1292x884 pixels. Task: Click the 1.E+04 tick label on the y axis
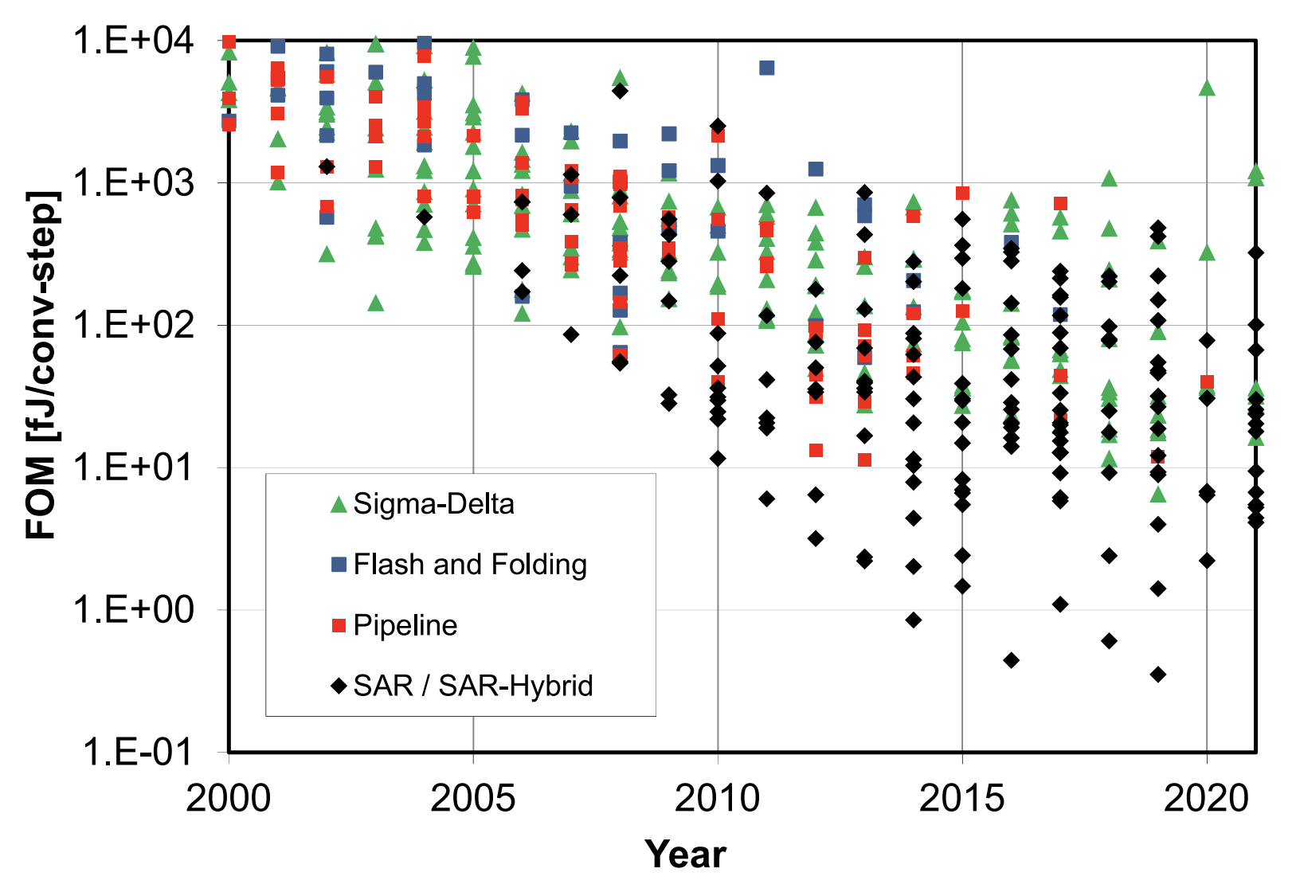[133, 40]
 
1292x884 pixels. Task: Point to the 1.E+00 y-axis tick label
[133, 610]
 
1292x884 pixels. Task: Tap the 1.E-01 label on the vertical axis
[137, 751]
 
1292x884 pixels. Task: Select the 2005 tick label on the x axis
[473, 798]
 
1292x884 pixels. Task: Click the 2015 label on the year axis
[962, 798]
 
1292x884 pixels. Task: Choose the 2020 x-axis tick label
[1207, 798]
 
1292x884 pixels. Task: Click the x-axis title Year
[685, 855]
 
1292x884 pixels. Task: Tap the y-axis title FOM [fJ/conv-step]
[42, 366]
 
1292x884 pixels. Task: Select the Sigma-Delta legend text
[433, 504]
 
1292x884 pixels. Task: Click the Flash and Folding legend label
[470, 565]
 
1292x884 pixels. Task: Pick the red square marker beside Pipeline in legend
[339, 626]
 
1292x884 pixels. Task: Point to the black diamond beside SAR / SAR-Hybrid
[339, 686]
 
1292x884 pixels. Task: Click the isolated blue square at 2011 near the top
[766, 68]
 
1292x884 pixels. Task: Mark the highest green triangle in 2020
[1207, 88]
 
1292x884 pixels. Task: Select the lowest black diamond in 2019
[1158, 675]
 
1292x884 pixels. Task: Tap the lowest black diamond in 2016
[1012, 660]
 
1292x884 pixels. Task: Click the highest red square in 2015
[962, 193]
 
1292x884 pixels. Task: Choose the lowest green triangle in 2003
[376, 303]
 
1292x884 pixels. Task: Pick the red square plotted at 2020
[1207, 382]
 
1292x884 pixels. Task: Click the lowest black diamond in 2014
[914, 620]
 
